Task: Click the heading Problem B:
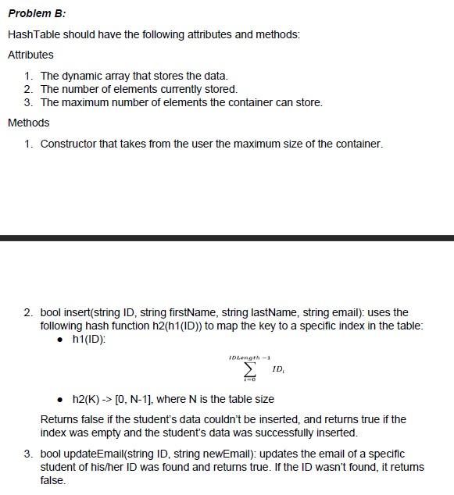(x=37, y=13)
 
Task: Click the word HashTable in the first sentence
(x=34, y=34)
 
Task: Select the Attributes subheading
(x=30, y=55)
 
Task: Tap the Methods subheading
(x=28, y=123)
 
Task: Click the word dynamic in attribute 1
(x=81, y=76)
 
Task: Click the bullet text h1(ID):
(x=88, y=339)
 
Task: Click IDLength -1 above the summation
(x=248, y=357)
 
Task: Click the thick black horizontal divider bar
(x=227, y=237)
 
